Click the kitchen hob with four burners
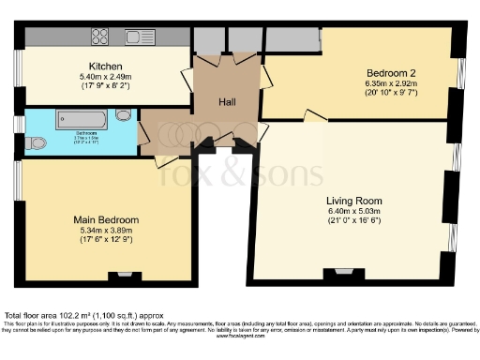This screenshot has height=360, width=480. click(x=101, y=37)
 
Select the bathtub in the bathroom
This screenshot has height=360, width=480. click(x=84, y=120)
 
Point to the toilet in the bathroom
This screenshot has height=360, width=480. click(x=36, y=143)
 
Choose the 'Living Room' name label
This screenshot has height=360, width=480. click(x=353, y=201)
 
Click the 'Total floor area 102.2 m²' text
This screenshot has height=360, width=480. click(x=69, y=316)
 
